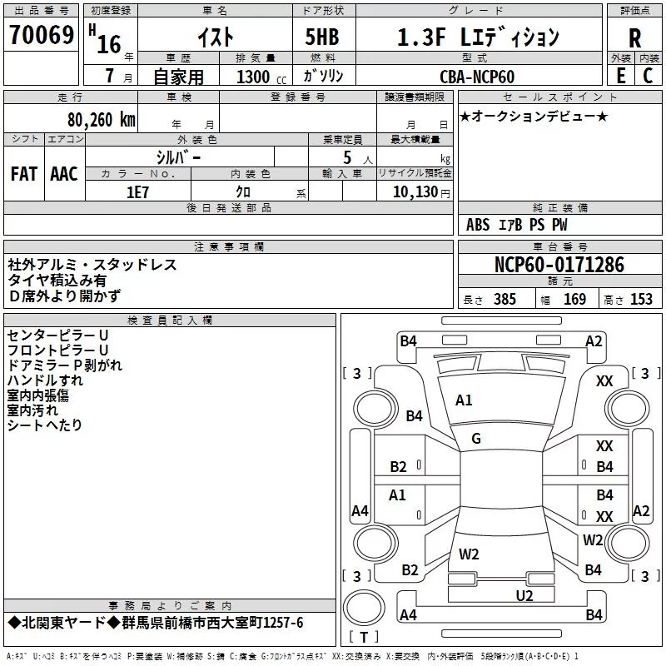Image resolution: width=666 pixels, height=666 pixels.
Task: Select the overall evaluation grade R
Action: tap(634, 37)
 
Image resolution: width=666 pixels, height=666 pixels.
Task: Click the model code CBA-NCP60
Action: tap(477, 77)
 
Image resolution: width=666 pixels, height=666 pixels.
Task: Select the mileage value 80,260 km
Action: tap(99, 120)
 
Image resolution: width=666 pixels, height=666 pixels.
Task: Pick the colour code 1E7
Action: tap(138, 191)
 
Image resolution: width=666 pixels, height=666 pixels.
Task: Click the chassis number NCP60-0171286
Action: tap(559, 265)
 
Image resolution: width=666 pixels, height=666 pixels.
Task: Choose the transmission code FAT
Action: tap(23, 174)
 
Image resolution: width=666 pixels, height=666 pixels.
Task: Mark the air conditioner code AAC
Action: tap(64, 174)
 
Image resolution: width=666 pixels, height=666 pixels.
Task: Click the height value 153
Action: tap(641, 300)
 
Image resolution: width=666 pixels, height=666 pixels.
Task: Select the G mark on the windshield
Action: tap(476, 439)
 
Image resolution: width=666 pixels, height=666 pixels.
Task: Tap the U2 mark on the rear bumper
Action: tap(524, 594)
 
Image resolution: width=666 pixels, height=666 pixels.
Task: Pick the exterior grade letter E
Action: tap(620, 77)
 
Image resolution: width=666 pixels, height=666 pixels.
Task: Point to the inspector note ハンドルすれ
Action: tap(45, 380)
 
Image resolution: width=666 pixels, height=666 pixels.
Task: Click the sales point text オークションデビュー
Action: tap(533, 117)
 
